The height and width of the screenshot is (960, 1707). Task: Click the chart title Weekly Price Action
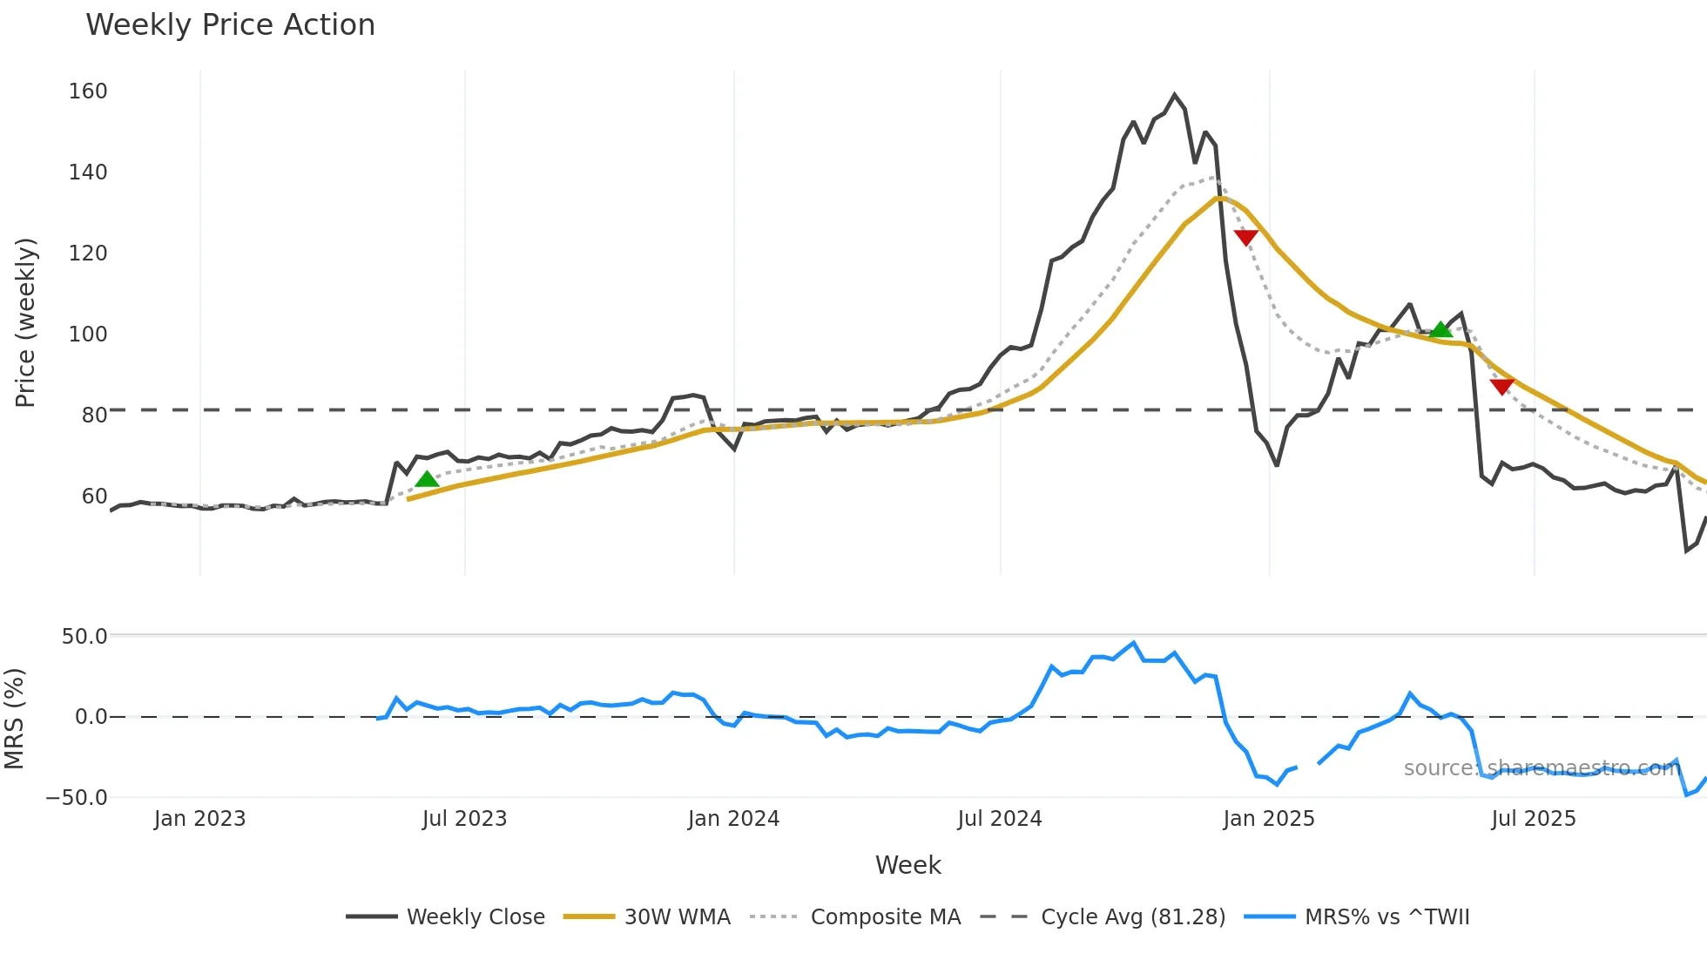pyautogui.click(x=230, y=25)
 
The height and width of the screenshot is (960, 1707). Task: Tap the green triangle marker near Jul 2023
pyautogui.click(x=427, y=479)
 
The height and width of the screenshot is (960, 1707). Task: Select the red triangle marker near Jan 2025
pyautogui.click(x=1246, y=237)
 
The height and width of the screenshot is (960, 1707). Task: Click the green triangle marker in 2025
pyautogui.click(x=1441, y=329)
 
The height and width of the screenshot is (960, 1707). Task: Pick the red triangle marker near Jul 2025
pyautogui.click(x=1501, y=386)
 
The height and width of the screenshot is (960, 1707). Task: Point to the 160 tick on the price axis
pyautogui.click(x=88, y=91)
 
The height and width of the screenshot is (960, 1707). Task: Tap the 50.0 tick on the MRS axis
pyautogui.click(x=84, y=637)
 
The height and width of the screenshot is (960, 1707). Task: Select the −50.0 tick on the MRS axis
pyautogui.click(x=78, y=798)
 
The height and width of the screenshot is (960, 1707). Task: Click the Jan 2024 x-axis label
pyautogui.click(x=733, y=819)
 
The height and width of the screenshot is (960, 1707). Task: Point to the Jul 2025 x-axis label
pyautogui.click(x=1534, y=819)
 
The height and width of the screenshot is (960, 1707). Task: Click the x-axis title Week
pyautogui.click(x=907, y=865)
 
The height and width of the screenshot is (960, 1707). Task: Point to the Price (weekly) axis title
pyautogui.click(x=26, y=322)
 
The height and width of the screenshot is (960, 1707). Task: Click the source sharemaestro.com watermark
pyautogui.click(x=1542, y=768)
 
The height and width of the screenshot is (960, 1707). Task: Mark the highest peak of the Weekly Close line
pyautogui.click(x=1175, y=94)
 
